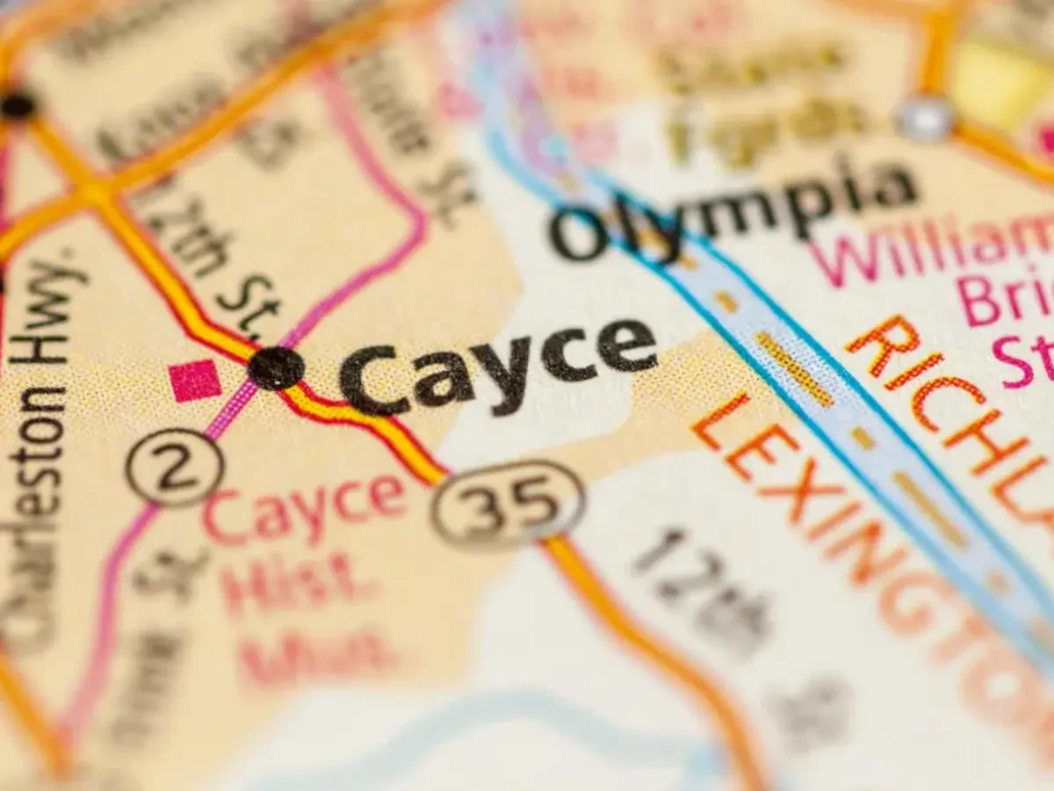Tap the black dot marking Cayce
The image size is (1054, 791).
[276, 367]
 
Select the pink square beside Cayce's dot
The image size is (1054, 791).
[195, 380]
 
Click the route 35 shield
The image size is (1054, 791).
[508, 504]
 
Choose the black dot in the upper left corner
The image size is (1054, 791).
[18, 105]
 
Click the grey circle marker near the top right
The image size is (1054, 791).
[925, 118]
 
